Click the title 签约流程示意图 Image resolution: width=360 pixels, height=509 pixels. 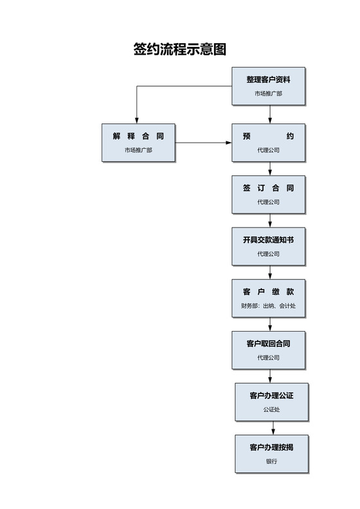point(180,49)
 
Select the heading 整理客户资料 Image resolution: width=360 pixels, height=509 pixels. point(268,80)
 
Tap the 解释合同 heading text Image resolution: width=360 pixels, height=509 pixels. point(138,136)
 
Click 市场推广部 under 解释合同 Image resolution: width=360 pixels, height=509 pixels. point(138,150)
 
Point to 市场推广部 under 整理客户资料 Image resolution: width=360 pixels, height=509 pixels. point(268,93)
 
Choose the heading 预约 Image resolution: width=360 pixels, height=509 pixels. point(268,136)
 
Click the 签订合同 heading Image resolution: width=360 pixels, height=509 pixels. point(268,188)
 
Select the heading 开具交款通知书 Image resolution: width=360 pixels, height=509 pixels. point(268,240)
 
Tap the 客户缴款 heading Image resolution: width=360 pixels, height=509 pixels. point(268,292)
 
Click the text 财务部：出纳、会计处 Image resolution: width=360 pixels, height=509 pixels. point(268,306)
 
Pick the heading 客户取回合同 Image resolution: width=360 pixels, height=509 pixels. point(268,344)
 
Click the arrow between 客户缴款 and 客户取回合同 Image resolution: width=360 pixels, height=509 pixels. point(269,324)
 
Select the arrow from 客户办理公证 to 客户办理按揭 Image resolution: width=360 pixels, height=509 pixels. point(273,428)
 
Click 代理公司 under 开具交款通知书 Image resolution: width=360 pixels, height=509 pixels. point(268,254)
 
